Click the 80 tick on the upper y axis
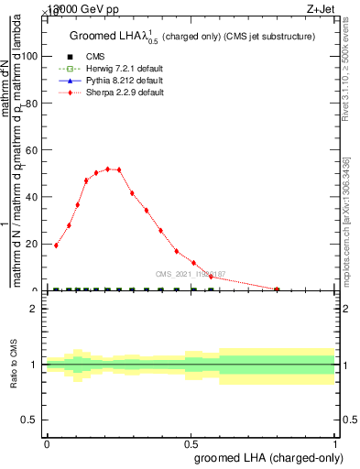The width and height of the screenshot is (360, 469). tap(30, 103)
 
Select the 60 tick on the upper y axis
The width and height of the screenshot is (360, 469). tap(30, 149)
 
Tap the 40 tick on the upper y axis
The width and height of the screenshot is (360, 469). tap(30, 196)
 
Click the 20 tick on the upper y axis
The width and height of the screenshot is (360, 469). tap(30, 244)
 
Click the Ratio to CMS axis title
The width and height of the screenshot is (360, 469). tap(15, 365)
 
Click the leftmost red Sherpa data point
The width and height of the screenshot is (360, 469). tap(56, 245)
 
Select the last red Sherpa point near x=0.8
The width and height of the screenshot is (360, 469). tap(278, 289)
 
